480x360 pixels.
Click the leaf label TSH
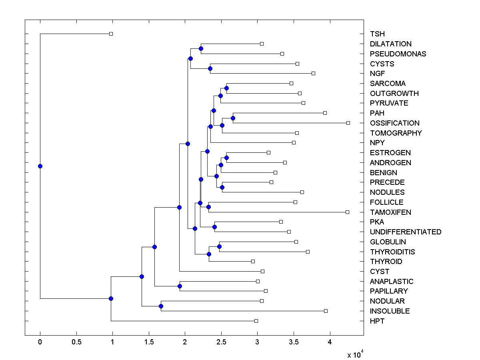click(377, 34)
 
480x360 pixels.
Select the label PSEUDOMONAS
click(398, 54)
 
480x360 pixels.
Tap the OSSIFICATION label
click(394, 123)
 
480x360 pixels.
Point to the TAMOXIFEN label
click(390, 212)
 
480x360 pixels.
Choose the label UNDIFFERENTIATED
click(406, 232)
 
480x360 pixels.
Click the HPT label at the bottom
click(377, 321)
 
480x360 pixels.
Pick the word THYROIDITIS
click(392, 252)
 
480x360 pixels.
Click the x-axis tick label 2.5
click(221, 342)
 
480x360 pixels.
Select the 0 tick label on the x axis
click(40, 342)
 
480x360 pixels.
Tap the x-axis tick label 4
click(330, 342)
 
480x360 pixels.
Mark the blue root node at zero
click(40, 166)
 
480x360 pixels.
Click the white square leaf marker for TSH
click(111, 34)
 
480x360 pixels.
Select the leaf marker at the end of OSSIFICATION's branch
click(348, 123)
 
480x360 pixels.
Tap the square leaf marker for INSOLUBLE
click(326, 311)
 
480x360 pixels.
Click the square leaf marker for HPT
click(256, 321)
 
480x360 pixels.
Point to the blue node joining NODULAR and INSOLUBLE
click(161, 306)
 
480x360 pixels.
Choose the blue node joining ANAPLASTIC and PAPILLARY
click(180, 286)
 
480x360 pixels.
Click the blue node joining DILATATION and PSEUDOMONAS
click(201, 48)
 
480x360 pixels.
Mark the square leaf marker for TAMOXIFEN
click(347, 212)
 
